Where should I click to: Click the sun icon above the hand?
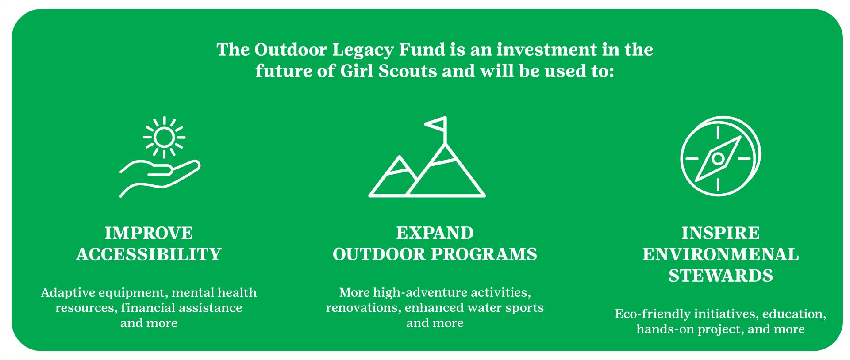click(164, 137)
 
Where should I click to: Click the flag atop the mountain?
click(436, 124)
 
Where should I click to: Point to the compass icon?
click(720, 156)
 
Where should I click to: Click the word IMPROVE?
click(149, 233)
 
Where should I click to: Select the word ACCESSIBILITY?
click(149, 254)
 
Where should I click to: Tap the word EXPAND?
click(435, 233)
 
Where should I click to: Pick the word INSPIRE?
click(720, 233)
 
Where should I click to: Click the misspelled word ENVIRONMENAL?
click(720, 254)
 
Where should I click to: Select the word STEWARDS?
click(720, 276)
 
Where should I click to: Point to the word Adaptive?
click(68, 293)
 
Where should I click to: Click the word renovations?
click(363, 308)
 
